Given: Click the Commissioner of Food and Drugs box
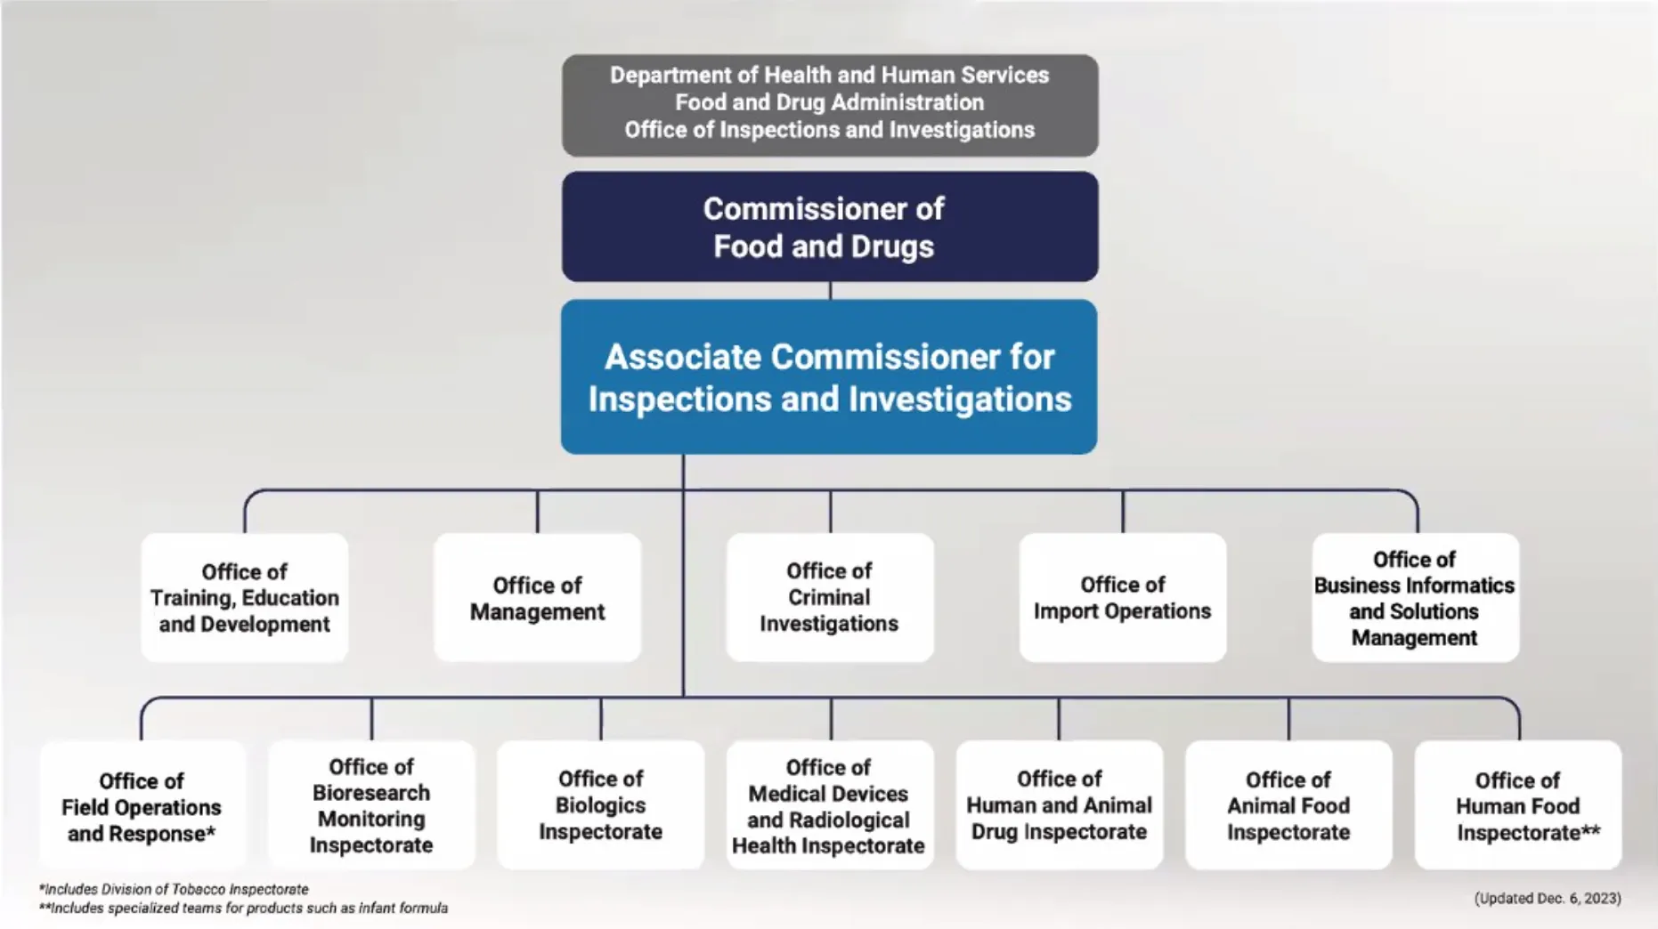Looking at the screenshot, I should coord(829,227).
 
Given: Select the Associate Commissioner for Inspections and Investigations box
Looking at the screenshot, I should coord(829,376).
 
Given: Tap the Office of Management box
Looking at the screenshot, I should coord(537,597).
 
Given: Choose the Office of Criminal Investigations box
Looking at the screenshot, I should coord(829,597).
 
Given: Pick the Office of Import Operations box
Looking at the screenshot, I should coord(1122,597).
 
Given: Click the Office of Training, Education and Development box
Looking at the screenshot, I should coord(244,597).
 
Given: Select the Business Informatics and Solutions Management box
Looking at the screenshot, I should coord(1414,597).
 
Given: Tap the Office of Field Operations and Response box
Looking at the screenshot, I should coord(142,805).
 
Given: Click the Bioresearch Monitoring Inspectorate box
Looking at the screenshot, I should coord(371,805).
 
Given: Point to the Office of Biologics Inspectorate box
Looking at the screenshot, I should coord(600,805).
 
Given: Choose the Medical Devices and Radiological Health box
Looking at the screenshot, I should coord(829,805).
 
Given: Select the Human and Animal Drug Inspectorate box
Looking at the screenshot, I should coord(1059,805).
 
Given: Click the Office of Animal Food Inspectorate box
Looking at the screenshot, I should coord(1288,805).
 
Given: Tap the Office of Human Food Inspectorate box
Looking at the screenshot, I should coord(1517,805).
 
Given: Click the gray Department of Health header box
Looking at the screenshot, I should coord(829,103).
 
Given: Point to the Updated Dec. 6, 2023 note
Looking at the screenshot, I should coord(1547,898).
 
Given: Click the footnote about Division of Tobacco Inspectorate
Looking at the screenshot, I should coord(174,889).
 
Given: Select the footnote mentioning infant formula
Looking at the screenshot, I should coord(243,908).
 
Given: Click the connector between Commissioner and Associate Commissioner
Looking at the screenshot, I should coord(830,291).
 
